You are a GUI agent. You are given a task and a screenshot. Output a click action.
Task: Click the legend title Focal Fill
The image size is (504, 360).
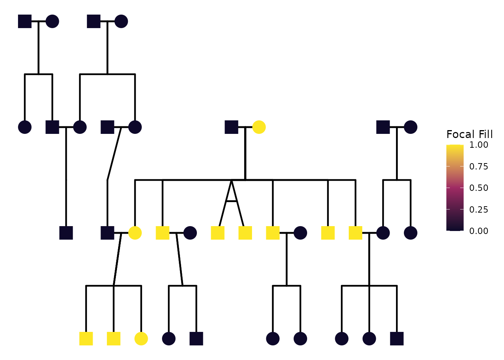(x=469, y=134)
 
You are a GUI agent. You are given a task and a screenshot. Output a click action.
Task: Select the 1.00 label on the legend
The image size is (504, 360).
(x=479, y=145)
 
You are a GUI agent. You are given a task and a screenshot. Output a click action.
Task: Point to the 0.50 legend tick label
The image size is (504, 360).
(x=479, y=188)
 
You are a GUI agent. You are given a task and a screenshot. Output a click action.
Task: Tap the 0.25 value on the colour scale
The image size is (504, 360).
(x=479, y=209)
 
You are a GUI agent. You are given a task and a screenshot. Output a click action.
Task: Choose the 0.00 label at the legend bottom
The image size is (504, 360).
(x=479, y=231)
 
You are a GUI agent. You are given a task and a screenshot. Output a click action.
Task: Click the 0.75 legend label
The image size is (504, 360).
(x=479, y=166)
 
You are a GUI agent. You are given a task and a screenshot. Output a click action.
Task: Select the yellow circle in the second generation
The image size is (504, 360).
(x=259, y=127)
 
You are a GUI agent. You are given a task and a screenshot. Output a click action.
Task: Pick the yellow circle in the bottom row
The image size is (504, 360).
(x=141, y=339)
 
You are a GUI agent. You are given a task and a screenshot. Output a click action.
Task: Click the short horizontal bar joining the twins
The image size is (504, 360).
(x=231, y=201)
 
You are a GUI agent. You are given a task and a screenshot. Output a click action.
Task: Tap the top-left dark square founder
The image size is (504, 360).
(x=25, y=21)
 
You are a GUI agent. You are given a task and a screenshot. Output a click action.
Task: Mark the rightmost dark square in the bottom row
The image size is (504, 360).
(x=397, y=339)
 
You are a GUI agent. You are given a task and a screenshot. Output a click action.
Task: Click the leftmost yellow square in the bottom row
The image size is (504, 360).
(x=86, y=339)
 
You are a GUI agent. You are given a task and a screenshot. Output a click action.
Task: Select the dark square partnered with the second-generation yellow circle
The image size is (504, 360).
(x=231, y=127)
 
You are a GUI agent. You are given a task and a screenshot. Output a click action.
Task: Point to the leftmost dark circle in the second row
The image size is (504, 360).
(x=25, y=127)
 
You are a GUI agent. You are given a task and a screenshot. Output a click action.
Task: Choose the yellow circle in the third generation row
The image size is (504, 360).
(x=135, y=233)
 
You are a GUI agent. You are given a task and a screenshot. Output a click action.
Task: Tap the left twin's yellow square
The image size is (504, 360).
(x=217, y=233)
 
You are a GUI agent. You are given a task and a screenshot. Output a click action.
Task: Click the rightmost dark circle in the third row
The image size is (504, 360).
(x=411, y=233)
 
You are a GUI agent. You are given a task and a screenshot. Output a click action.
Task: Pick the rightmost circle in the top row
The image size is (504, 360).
(x=121, y=21)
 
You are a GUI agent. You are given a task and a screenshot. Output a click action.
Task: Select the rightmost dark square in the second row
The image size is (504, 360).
(x=383, y=127)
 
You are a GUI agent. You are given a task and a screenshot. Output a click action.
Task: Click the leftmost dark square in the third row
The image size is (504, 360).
(x=66, y=233)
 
